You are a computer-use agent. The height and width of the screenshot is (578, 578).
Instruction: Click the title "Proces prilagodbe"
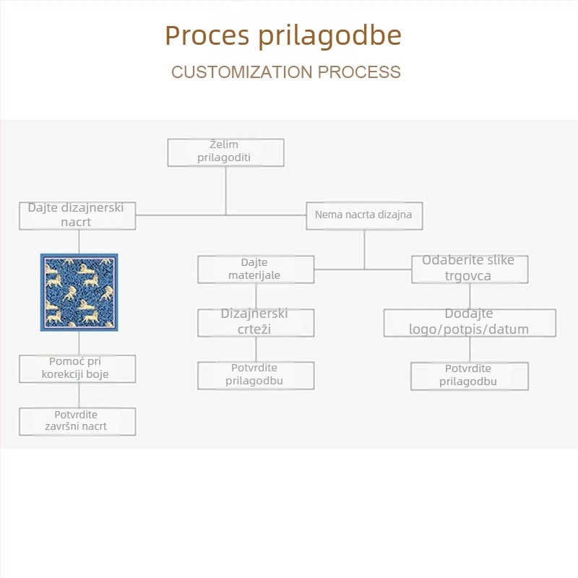pos(283,35)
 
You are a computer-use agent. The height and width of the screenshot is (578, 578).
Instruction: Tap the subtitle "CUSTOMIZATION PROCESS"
pos(286,72)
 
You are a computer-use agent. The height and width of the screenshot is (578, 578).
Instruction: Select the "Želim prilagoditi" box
pos(225,152)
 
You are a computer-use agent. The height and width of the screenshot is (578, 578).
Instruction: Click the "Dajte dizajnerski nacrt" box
pos(77,215)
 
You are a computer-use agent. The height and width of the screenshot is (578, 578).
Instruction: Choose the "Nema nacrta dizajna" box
pos(364,215)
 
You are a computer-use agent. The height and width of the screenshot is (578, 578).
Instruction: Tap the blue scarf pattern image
pos(79,292)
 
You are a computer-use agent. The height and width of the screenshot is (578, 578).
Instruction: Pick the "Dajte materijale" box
pos(256,269)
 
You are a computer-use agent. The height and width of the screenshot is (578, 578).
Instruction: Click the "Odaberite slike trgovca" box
pos(469,269)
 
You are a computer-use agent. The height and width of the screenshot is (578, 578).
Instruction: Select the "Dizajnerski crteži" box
pos(256,322)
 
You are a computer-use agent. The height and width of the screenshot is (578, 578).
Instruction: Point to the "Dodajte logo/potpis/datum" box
pos(469,322)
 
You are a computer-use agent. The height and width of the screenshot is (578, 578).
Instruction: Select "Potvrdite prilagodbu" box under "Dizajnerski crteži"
pos(256,375)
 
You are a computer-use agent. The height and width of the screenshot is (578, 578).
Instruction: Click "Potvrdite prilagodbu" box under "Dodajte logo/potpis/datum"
pos(470,376)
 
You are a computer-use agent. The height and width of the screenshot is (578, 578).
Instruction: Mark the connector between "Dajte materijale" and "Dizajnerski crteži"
pos(256,296)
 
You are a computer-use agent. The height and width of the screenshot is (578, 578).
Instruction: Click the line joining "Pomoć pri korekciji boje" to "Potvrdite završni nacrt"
pos(79,395)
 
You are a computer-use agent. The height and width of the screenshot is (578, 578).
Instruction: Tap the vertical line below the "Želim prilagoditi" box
pos(225,189)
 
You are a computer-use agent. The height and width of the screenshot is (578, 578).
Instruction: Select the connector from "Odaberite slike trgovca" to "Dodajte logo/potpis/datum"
pos(470,296)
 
